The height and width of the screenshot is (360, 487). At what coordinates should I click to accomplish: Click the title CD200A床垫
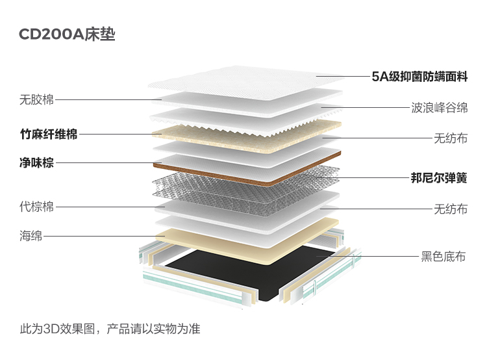(67, 34)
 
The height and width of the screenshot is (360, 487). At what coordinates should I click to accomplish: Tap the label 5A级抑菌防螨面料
(419, 77)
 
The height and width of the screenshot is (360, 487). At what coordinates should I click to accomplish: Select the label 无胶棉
(36, 100)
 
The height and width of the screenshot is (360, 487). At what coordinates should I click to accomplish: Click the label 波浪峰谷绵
(440, 108)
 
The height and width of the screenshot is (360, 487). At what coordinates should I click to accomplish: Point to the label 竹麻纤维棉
(49, 135)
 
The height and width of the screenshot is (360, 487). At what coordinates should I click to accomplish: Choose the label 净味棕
(36, 162)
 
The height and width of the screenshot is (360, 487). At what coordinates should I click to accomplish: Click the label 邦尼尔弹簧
(439, 178)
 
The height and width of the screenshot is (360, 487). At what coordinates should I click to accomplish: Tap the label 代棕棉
(36, 207)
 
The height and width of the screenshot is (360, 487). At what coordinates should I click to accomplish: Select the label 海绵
(31, 236)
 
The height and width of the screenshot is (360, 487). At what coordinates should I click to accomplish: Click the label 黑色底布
(443, 257)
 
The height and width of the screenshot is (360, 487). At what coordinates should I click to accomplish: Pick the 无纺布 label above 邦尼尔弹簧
(451, 138)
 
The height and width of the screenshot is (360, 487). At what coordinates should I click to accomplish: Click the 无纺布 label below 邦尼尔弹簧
(451, 209)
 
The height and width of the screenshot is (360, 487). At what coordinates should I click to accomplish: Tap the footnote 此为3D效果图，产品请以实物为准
(110, 329)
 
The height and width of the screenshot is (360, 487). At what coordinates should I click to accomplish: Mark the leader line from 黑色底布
(368, 257)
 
